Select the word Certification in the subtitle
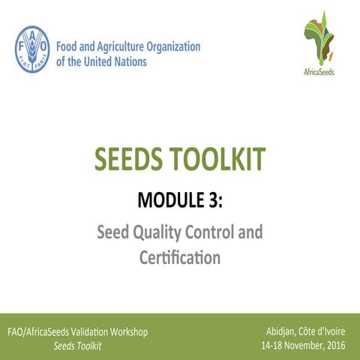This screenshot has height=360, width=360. point(180,259)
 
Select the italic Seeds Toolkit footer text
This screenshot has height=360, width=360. point(78,346)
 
